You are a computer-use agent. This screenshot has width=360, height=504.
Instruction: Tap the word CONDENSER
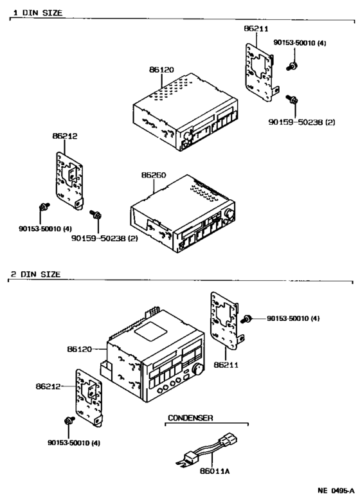tap(191, 417)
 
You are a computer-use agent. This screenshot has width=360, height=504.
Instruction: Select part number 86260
tap(154, 175)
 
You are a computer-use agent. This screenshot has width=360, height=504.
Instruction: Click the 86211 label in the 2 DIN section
tap(226, 365)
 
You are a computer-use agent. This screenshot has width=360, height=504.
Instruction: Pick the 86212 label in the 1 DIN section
tap(65, 136)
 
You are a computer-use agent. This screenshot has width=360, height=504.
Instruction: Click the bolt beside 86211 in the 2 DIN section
tap(246, 319)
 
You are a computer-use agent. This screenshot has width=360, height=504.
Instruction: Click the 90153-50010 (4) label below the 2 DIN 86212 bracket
tap(74, 443)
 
